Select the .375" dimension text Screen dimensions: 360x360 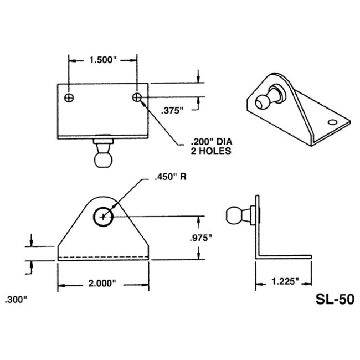pyautogui.click(x=173, y=110)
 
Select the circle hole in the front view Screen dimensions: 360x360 pyautogui.click(x=102, y=216)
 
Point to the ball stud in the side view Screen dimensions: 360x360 pyautogui.click(x=238, y=215)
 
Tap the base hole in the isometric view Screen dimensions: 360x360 pyautogui.click(x=332, y=121)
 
